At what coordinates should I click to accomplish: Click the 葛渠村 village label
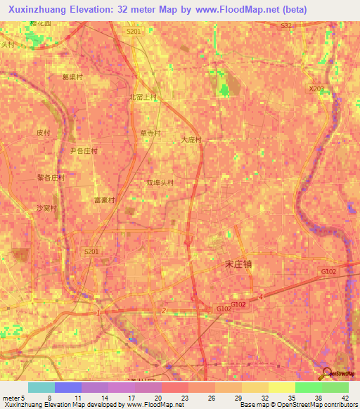[x=72, y=77]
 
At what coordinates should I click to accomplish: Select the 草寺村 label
[x=150, y=133]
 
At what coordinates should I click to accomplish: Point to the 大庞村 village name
[x=191, y=140]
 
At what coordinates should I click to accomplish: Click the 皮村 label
[x=44, y=132]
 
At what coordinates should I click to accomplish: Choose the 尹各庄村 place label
[x=83, y=150]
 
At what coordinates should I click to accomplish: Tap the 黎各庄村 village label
[x=51, y=178]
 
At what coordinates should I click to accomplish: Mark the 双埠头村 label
[x=160, y=183]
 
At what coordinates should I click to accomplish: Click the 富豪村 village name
[x=104, y=200]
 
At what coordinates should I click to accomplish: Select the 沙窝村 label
[x=46, y=208]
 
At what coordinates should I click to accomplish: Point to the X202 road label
[x=317, y=89]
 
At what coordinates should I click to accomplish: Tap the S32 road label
[x=286, y=25]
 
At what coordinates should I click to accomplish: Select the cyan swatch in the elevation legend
[x=41, y=387]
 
